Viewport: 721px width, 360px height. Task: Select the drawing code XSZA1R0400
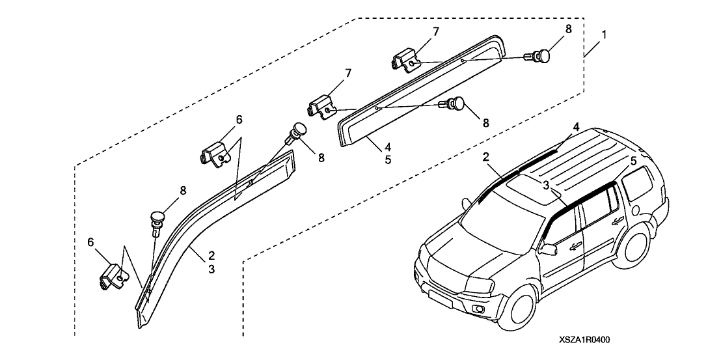[584, 339]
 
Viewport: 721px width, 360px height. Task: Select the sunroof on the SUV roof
[526, 189]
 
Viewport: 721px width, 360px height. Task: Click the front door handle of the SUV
[575, 245]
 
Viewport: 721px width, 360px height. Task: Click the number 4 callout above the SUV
[576, 126]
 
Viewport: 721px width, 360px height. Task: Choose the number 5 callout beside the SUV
[632, 160]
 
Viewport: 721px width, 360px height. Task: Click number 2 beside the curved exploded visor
[211, 255]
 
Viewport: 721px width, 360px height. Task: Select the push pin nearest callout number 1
[543, 56]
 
